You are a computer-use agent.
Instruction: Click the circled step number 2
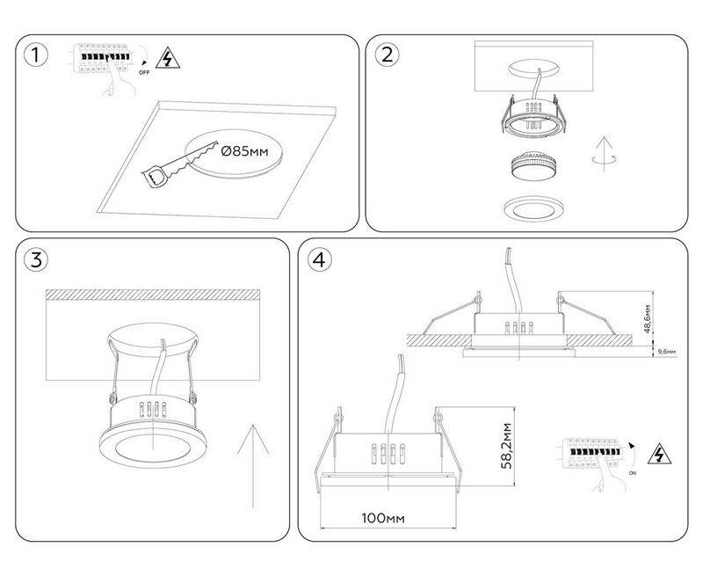386,55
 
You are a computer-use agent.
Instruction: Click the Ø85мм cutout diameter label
245,151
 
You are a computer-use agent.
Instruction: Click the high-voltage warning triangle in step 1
163,59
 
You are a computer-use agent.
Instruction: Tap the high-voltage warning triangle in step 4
656,455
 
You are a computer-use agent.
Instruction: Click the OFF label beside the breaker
144,74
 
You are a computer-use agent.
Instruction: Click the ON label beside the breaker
631,472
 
